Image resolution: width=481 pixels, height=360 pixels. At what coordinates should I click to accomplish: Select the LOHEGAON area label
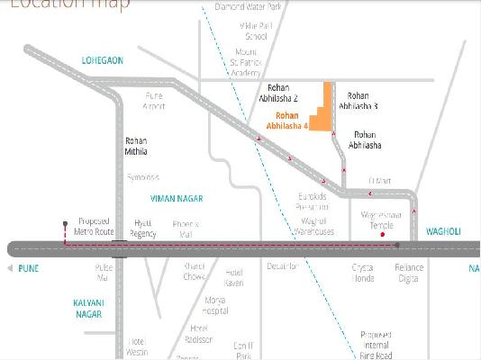point(103,59)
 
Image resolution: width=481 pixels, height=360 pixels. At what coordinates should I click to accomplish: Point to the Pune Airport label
point(154,102)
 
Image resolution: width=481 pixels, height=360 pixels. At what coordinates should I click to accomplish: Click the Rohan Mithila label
point(137,147)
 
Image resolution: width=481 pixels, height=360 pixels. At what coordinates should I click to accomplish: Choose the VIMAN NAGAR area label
point(177,197)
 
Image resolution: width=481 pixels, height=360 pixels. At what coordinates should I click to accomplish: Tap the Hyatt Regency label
point(143,228)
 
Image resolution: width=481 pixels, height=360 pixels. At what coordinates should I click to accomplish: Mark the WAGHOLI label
point(443,231)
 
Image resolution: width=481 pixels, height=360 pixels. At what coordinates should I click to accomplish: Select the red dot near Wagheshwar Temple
point(383,235)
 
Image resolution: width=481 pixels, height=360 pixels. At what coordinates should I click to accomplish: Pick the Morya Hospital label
point(215,305)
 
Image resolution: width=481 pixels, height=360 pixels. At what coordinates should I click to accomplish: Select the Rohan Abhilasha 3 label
point(358,101)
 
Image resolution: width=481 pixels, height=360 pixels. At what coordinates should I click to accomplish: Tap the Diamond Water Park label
point(249,7)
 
